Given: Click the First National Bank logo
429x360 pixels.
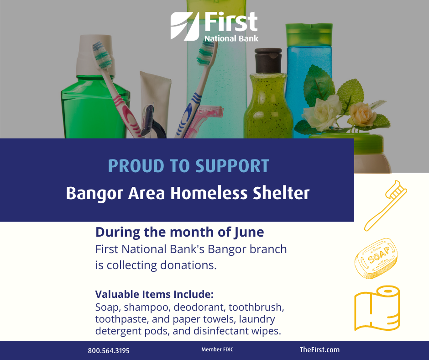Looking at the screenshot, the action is pyautogui.click(x=214, y=26).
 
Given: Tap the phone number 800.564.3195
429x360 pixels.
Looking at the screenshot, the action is pyautogui.click(x=109, y=351).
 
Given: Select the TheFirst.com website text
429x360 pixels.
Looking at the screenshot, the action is pyautogui.click(x=319, y=350).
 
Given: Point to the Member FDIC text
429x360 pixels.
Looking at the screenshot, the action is pyautogui.click(x=217, y=349).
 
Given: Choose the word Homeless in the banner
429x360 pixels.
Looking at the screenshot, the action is pyautogui.click(x=209, y=193).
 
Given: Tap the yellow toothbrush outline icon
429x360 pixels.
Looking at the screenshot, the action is pyautogui.click(x=385, y=206).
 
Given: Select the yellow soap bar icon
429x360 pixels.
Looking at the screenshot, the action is pyautogui.click(x=376, y=259).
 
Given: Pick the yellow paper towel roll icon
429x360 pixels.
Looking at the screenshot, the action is pyautogui.click(x=377, y=308).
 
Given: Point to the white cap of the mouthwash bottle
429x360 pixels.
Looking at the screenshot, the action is pyautogui.click(x=94, y=55).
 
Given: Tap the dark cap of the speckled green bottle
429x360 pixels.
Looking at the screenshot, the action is pyautogui.click(x=268, y=60).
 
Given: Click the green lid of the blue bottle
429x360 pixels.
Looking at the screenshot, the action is pyautogui.click(x=309, y=35).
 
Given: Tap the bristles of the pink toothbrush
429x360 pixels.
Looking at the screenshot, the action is pyautogui.click(x=102, y=55).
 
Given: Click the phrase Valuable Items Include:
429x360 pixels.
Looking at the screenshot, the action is pyautogui.click(x=154, y=294).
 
